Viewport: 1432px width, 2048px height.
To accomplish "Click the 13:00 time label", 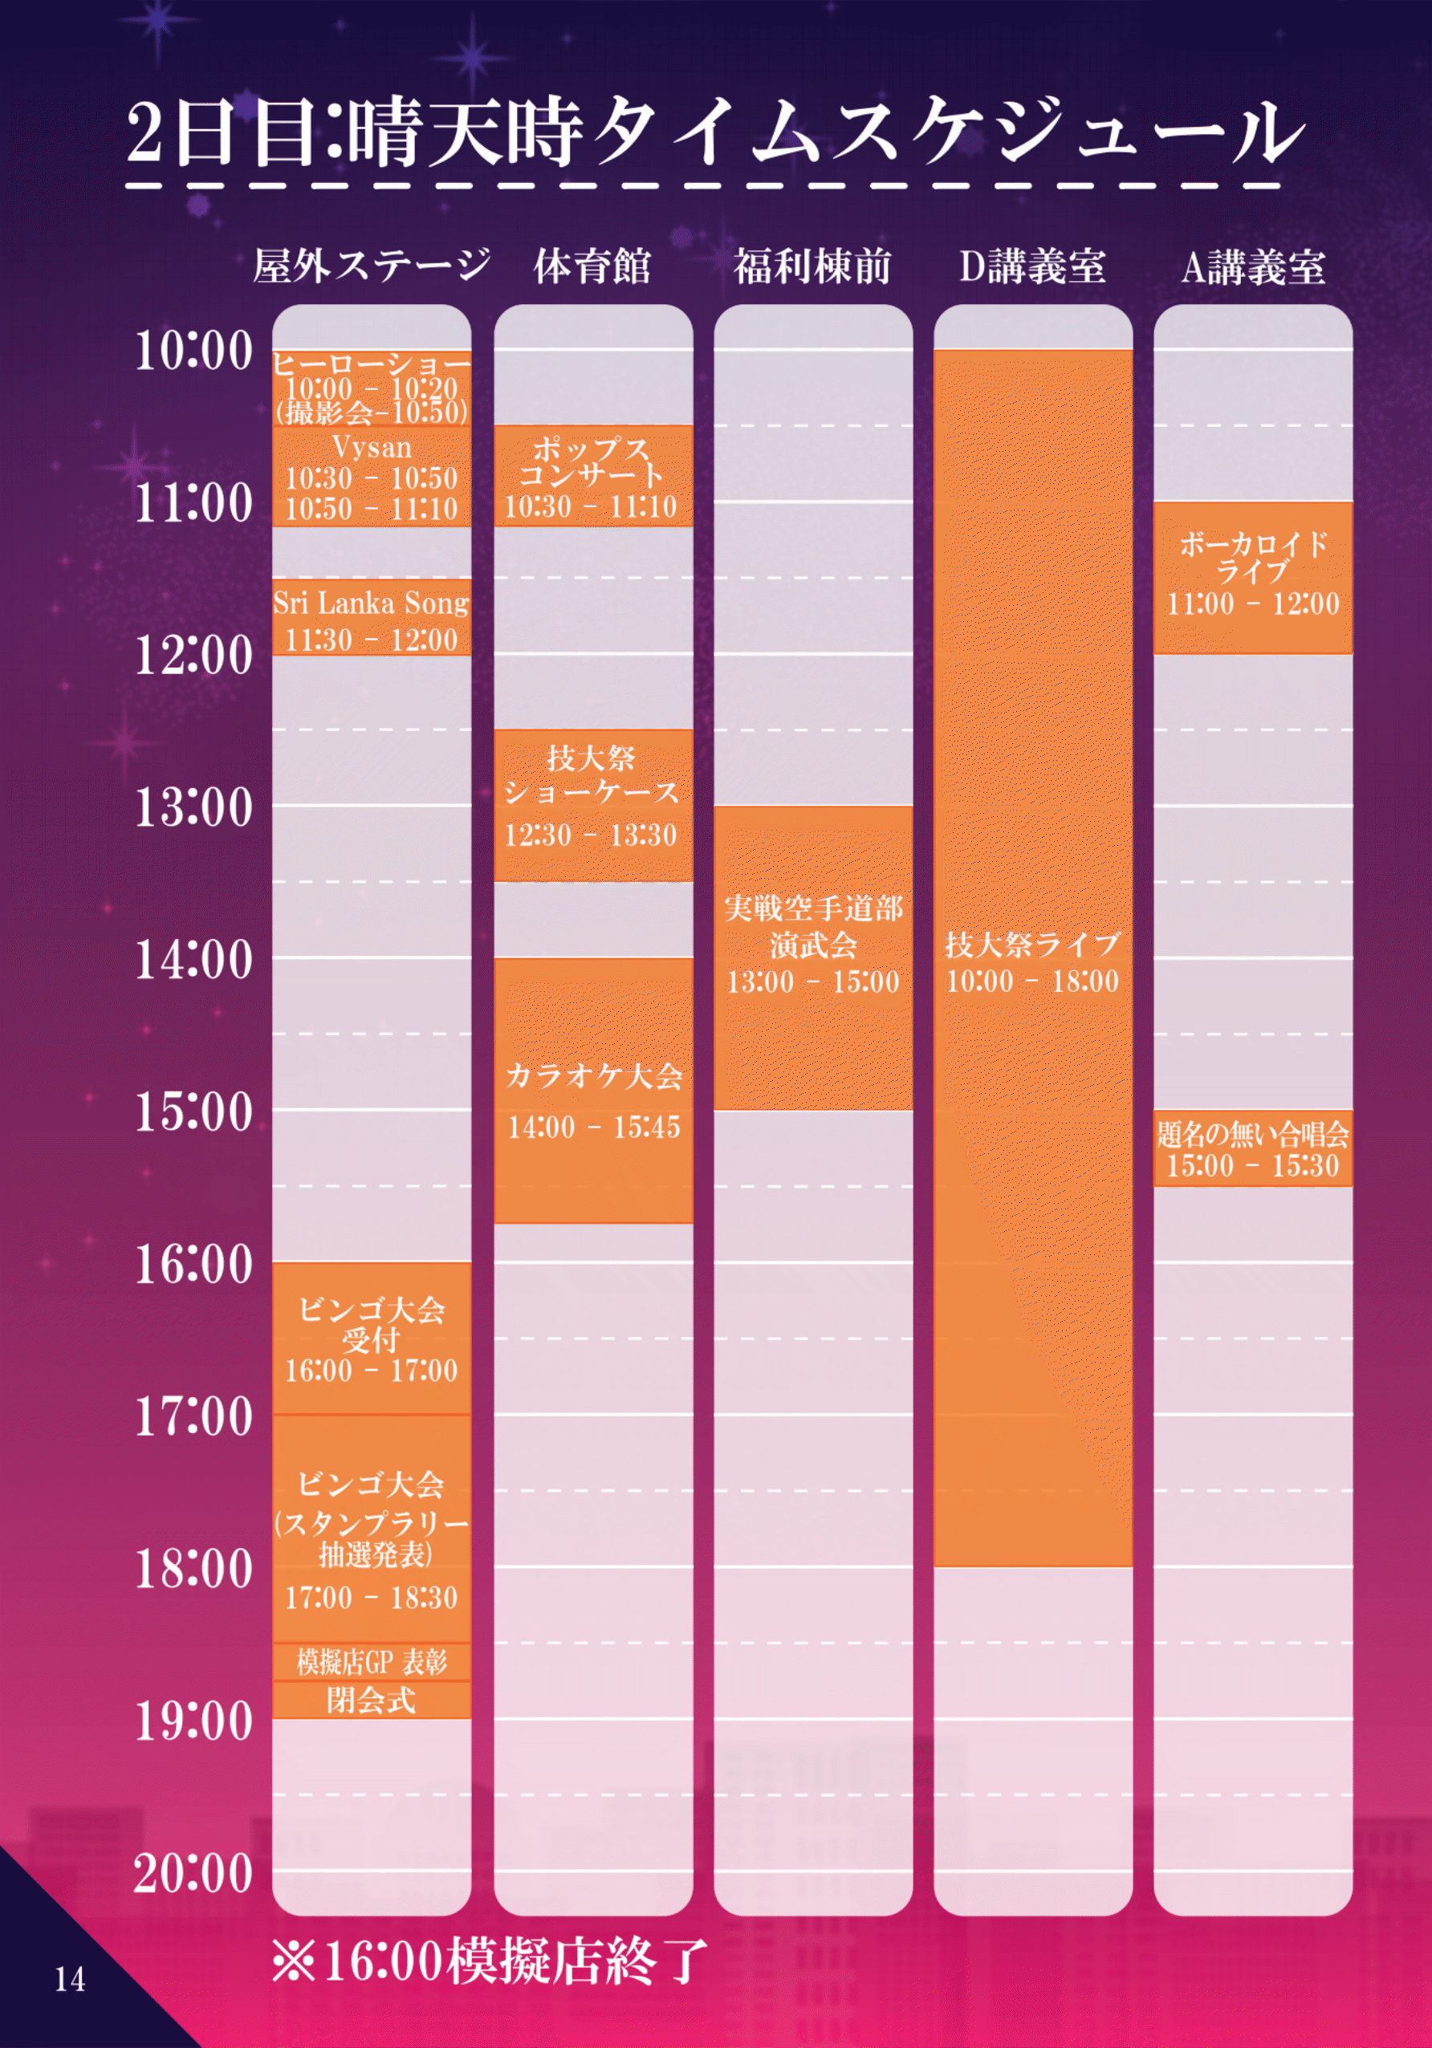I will [193, 807].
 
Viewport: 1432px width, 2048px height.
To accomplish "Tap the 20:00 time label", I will [193, 1872].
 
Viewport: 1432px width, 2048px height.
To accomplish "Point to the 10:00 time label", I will [193, 350].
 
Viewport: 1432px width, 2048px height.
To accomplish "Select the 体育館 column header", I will [592, 266].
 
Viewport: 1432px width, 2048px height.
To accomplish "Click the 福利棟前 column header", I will [813, 266].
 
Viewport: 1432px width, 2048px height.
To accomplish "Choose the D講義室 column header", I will [1032, 266].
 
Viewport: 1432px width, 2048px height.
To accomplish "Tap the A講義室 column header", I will [1253, 266].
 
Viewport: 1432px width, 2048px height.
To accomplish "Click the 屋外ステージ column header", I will [371, 265].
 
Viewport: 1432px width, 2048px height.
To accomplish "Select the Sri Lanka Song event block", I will [371, 617].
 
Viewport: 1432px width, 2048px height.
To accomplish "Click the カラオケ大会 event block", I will [593, 1090].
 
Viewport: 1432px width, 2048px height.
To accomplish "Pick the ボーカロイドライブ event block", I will [1253, 577].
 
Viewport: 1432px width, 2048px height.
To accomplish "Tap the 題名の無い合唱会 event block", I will [1253, 1148].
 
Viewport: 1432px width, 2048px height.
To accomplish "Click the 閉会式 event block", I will [371, 1701].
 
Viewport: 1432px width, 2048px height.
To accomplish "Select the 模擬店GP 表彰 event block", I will [371, 1662].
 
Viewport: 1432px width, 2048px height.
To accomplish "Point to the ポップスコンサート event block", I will [592, 475].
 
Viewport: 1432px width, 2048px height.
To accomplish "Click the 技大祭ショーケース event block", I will [592, 806].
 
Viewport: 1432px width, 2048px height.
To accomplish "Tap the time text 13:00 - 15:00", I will [813, 982].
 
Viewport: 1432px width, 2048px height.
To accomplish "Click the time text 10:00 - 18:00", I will [1032, 981].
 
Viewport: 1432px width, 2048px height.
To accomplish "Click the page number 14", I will [71, 1979].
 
